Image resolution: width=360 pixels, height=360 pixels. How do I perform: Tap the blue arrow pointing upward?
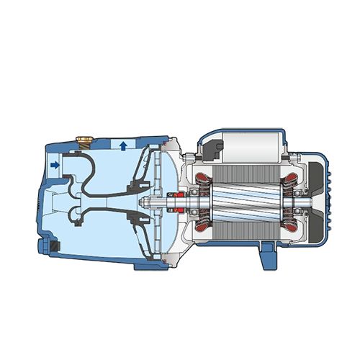[x=124, y=146]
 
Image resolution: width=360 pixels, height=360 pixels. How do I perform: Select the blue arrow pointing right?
[x=56, y=165]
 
